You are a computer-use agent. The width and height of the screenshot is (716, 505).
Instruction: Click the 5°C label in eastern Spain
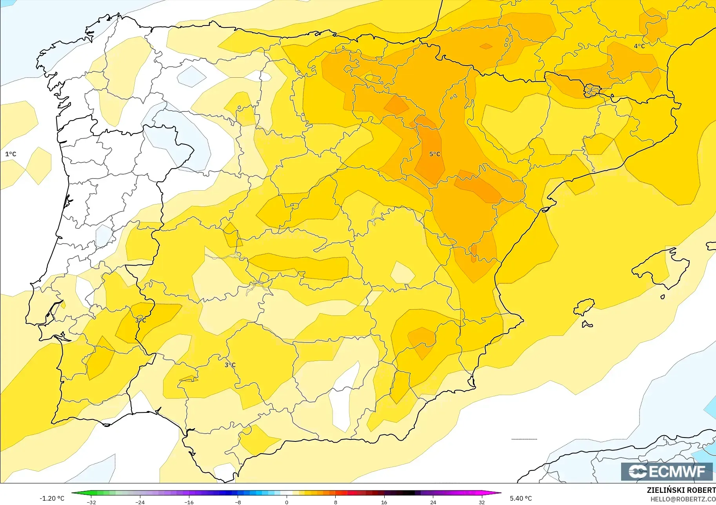pos(434,154)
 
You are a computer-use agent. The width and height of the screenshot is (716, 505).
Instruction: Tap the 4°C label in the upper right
pos(639,46)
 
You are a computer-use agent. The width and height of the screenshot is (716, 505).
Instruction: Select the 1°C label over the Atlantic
pos(11,154)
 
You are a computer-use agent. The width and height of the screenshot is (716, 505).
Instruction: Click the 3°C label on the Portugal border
pos(140,320)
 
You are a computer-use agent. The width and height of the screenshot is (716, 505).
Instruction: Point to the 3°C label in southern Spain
pos(230,365)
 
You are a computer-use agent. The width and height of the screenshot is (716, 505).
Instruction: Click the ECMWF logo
pos(667,471)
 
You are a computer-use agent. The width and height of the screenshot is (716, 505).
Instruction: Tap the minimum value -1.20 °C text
pos(52,498)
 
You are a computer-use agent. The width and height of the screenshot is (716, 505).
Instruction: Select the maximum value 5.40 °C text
pos(521,498)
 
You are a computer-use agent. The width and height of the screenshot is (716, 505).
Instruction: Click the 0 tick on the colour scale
pos(287,502)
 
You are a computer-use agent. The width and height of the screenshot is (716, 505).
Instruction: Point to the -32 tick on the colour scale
pos(91,502)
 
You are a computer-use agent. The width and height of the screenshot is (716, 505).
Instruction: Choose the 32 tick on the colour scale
pos(482,502)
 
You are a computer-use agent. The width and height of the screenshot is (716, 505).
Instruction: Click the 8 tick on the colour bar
pos(336,502)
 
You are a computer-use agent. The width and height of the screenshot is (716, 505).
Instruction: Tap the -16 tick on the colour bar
pos(189,502)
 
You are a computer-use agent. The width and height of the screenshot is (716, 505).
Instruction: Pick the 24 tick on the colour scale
pos(433,502)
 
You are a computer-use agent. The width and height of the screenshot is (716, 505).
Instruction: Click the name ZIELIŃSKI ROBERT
pos(681,490)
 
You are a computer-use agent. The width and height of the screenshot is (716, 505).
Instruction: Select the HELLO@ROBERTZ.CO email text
pos(683,500)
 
